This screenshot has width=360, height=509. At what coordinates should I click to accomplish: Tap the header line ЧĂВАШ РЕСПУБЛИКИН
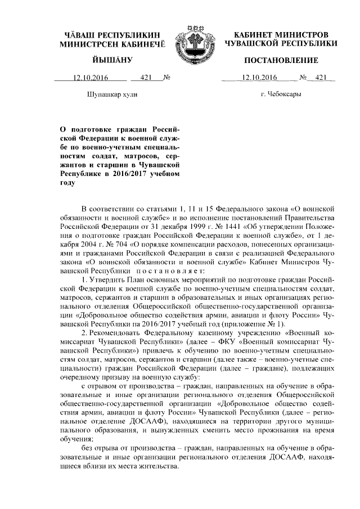(x=112, y=35)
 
